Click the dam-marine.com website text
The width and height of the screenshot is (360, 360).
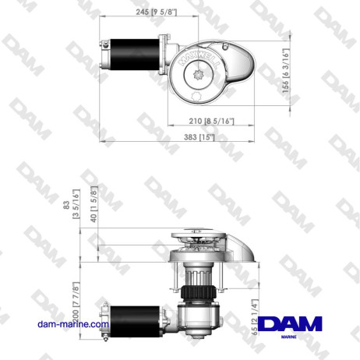click(72, 324)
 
